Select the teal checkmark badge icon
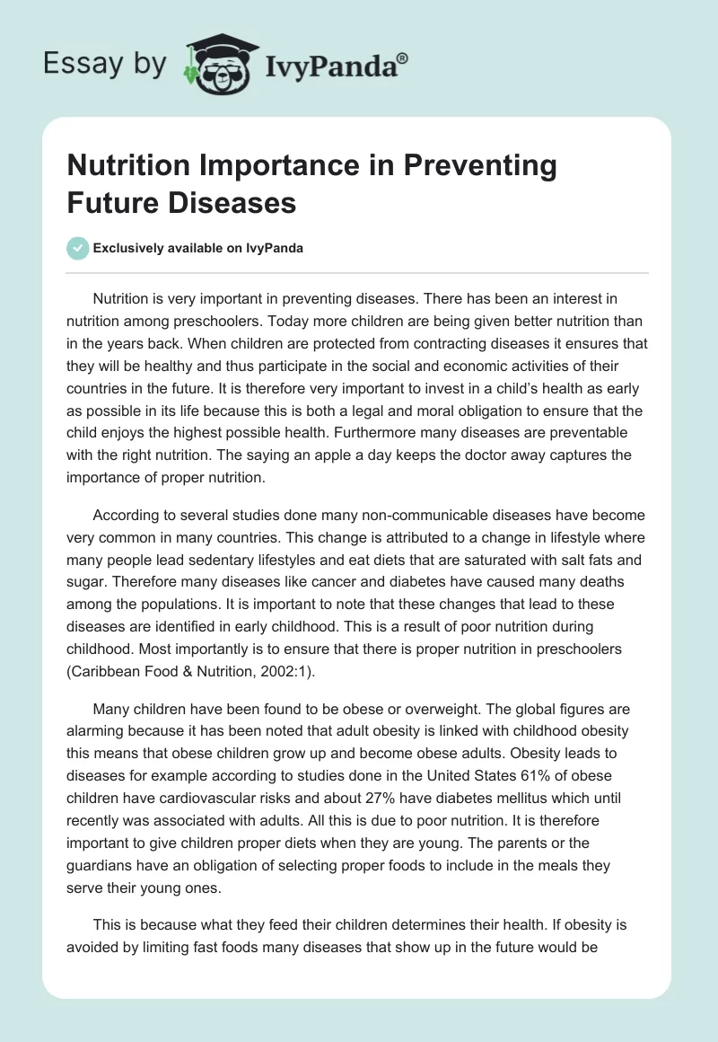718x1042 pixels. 79,248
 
